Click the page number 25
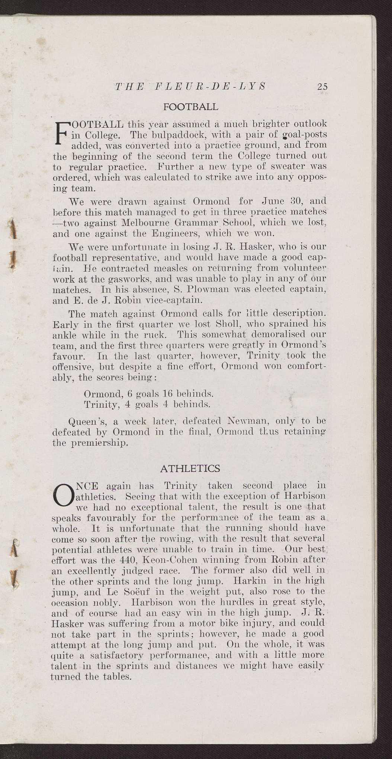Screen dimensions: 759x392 pyautogui.click(x=322, y=87)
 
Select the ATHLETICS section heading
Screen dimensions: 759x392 pyautogui.click(x=190, y=468)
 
